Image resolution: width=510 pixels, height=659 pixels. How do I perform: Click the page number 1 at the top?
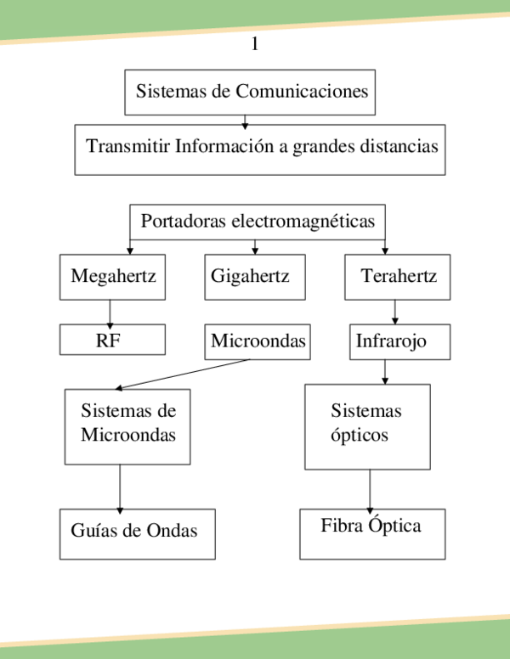click(254, 45)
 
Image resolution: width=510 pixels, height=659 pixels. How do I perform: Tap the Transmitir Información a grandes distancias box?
click(259, 149)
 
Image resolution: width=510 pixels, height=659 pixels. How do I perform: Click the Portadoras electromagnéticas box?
click(257, 222)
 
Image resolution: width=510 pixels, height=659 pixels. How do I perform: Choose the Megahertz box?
click(112, 277)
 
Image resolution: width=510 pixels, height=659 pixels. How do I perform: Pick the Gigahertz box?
click(254, 277)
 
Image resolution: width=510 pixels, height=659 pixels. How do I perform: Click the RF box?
click(112, 340)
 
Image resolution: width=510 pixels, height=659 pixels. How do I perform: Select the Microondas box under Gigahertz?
click(258, 341)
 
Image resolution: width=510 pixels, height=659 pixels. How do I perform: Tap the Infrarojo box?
click(399, 341)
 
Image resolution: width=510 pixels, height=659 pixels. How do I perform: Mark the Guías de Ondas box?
click(137, 533)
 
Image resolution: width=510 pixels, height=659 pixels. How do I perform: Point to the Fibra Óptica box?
click(371, 533)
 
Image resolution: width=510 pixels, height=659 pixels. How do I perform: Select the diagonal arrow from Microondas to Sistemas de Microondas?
click(183, 375)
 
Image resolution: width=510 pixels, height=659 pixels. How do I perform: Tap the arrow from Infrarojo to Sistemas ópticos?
click(385, 371)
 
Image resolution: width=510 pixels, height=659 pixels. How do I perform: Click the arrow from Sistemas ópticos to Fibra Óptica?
click(370, 489)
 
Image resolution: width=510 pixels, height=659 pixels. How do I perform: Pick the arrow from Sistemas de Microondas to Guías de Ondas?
click(119, 487)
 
